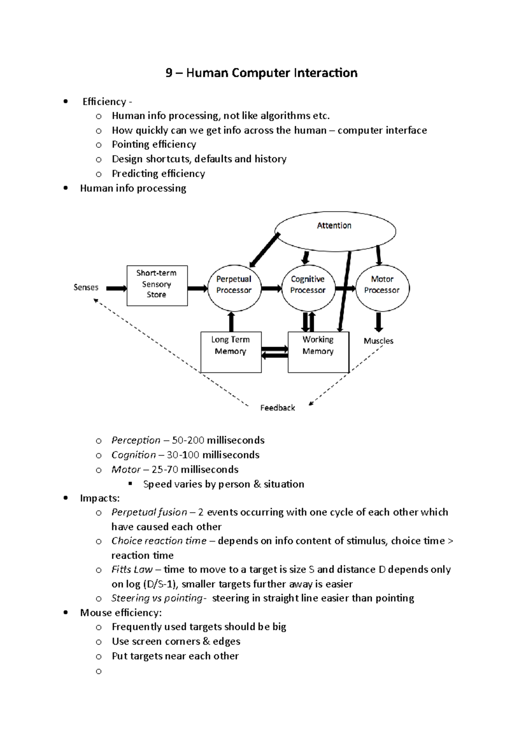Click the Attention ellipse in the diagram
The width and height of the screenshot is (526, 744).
(335, 231)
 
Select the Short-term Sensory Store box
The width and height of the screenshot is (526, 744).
(157, 285)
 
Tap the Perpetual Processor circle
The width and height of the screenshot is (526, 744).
(234, 288)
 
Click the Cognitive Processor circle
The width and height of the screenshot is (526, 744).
(308, 288)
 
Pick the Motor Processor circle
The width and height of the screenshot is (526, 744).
(382, 288)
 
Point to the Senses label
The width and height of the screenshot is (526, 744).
(86, 287)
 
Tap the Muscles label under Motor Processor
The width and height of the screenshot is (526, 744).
(378, 341)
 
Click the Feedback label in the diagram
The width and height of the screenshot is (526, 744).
(277, 408)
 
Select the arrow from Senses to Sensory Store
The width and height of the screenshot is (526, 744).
(116, 288)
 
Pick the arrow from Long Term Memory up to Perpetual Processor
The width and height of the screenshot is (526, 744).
(231, 321)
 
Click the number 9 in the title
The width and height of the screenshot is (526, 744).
(169, 73)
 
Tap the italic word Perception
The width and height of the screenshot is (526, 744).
(136, 440)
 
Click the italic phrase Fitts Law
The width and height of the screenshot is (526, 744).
(132, 569)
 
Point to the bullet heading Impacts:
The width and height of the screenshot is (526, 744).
(100, 498)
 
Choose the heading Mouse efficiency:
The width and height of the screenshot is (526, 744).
(121, 613)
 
